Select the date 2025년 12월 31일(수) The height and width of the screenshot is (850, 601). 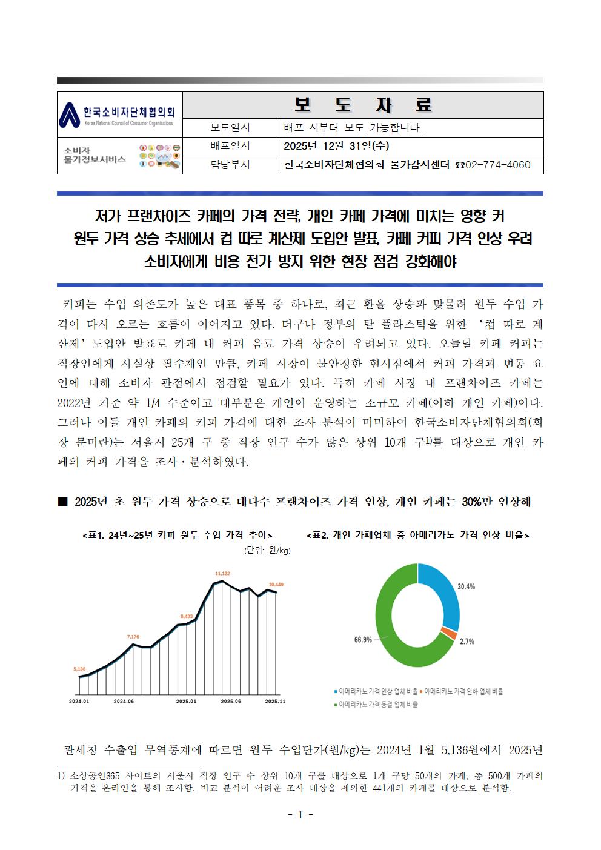tap(336, 146)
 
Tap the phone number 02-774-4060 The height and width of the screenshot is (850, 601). tap(498, 165)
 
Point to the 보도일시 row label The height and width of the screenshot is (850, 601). tap(230, 128)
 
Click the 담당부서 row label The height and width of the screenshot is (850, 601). tap(230, 165)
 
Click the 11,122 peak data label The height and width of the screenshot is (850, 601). tap(222, 573)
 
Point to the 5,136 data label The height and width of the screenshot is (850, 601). tap(79, 669)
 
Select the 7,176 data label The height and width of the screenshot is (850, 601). tap(133, 637)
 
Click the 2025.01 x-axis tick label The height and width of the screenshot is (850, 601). tap(186, 701)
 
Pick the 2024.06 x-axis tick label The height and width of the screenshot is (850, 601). tap(124, 701)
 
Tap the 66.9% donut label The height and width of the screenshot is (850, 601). tap(363, 640)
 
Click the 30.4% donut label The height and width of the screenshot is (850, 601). tap(466, 586)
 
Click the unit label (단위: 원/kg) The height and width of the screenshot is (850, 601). tap(267, 550)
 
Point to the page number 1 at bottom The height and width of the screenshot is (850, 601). tap(300, 815)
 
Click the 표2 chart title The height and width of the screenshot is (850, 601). tap(418, 535)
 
